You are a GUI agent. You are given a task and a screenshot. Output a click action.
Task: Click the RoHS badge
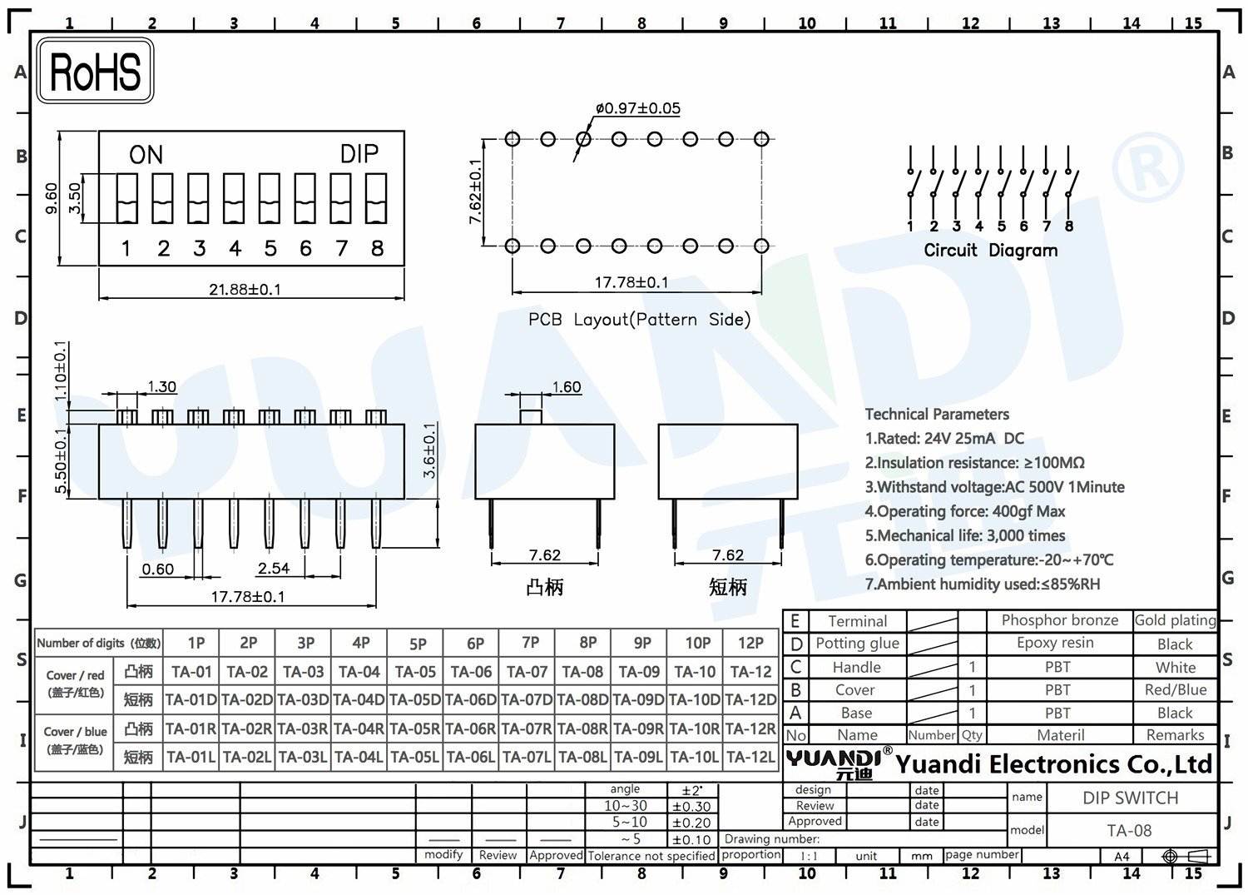[95, 71]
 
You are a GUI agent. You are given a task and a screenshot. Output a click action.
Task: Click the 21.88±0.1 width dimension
[245, 290]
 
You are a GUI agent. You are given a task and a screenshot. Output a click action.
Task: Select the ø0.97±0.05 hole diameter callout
[638, 108]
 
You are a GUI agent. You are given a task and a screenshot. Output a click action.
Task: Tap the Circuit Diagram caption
[991, 251]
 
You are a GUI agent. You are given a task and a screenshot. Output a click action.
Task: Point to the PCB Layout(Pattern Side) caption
[640, 320]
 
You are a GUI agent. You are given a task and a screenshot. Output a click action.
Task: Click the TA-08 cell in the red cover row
[582, 672]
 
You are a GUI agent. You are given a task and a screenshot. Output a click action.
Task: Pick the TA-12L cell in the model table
[750, 757]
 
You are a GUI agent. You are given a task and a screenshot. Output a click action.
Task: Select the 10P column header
[697, 644]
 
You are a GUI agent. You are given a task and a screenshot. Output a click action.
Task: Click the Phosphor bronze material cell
[1060, 620]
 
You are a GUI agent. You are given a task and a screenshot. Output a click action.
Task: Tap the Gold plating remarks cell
[1176, 620]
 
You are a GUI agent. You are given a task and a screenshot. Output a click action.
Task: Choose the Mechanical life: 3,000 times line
[965, 536]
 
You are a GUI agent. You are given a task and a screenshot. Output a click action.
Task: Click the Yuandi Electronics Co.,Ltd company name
[1054, 764]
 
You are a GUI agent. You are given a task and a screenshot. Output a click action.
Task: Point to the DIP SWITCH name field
[1131, 798]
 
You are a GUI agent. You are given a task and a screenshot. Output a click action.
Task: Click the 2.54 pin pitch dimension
[274, 569]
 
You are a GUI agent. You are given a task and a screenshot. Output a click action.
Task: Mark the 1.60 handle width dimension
[567, 387]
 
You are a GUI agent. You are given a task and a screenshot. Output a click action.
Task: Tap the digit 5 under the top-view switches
[270, 249]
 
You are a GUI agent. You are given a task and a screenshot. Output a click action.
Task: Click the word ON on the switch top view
[146, 155]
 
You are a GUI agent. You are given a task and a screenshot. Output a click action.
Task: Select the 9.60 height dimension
[52, 198]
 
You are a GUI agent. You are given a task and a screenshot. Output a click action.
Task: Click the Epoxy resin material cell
[1055, 643]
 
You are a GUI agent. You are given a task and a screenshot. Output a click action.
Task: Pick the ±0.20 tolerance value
[691, 823]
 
